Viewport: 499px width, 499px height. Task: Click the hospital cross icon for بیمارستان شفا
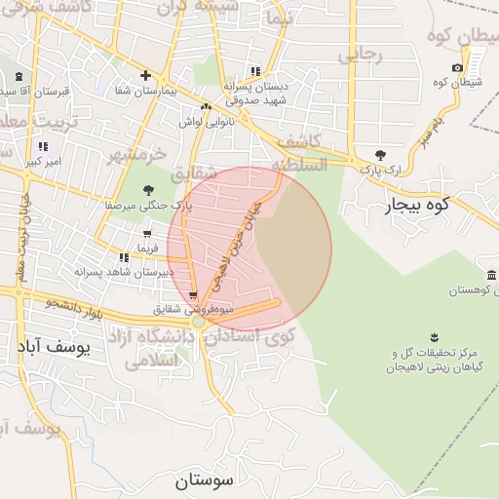coord(145,75)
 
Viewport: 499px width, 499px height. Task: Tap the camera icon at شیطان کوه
coord(458,67)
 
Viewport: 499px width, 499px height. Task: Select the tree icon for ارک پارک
coord(380,155)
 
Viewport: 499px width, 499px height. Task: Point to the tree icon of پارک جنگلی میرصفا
coord(148,191)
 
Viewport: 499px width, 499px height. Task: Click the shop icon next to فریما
coord(146,234)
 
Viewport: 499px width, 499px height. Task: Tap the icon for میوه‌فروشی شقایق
coord(194,295)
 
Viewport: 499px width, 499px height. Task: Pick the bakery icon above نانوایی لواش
coord(206,107)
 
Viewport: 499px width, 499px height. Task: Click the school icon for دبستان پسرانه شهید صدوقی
coord(255,71)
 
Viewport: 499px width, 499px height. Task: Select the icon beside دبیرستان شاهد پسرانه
coord(124,257)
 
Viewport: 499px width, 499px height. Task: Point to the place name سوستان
coord(206,480)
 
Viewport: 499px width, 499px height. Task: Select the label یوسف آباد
coord(54,346)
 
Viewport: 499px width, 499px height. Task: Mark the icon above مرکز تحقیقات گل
coord(434,337)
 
